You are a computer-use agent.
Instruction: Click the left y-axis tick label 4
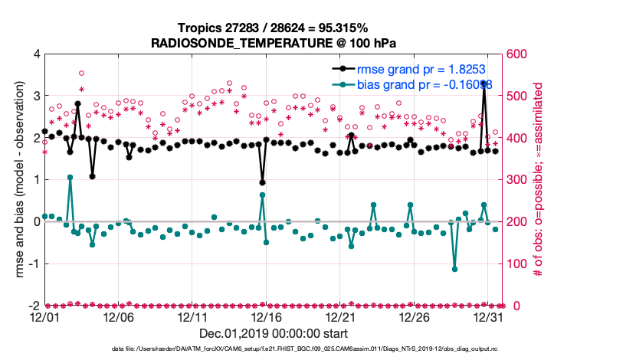35,54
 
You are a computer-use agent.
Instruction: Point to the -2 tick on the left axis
33,306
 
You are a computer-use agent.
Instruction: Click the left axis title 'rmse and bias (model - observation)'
16,180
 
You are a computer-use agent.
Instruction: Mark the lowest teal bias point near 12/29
454,269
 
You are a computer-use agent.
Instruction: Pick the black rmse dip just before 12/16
262,182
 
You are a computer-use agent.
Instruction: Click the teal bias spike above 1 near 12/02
70,177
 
